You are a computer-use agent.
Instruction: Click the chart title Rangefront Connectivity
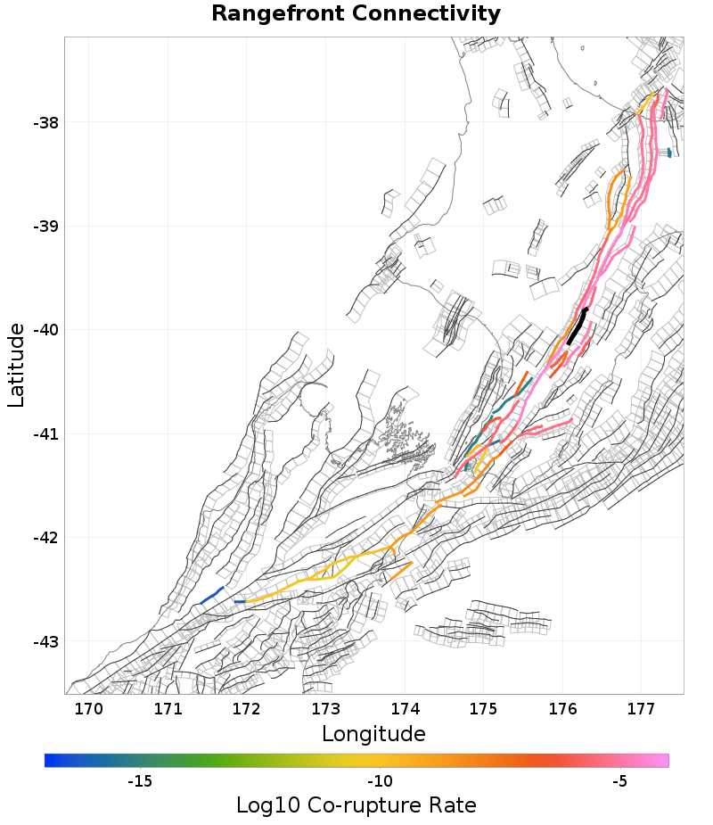[x=356, y=14]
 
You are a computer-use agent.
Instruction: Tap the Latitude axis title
[x=17, y=366]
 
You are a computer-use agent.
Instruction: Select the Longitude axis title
[x=373, y=734]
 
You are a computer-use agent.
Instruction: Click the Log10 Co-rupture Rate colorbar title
[x=356, y=805]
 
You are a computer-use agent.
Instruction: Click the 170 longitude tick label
[x=89, y=710]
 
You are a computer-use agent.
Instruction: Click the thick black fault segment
[x=578, y=326]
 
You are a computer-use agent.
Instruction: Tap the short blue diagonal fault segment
[x=211, y=595]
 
